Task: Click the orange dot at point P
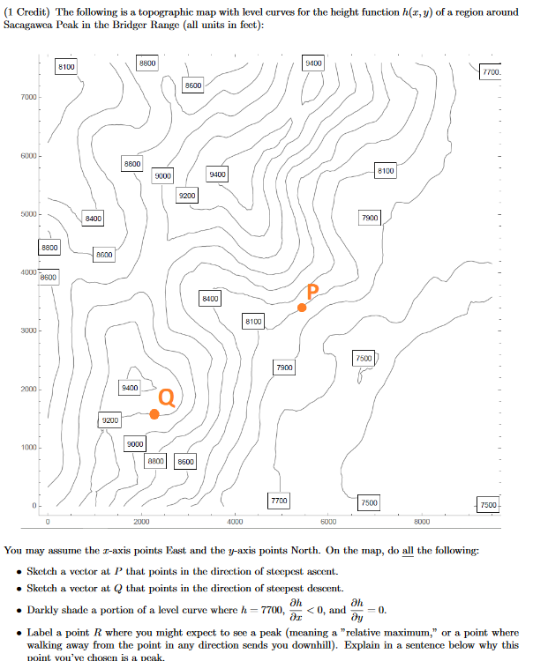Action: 302,307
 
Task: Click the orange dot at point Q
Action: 154,414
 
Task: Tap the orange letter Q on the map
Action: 166,397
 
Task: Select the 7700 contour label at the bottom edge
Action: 278,501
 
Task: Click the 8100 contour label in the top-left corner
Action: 66,67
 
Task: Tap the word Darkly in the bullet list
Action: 46,609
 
